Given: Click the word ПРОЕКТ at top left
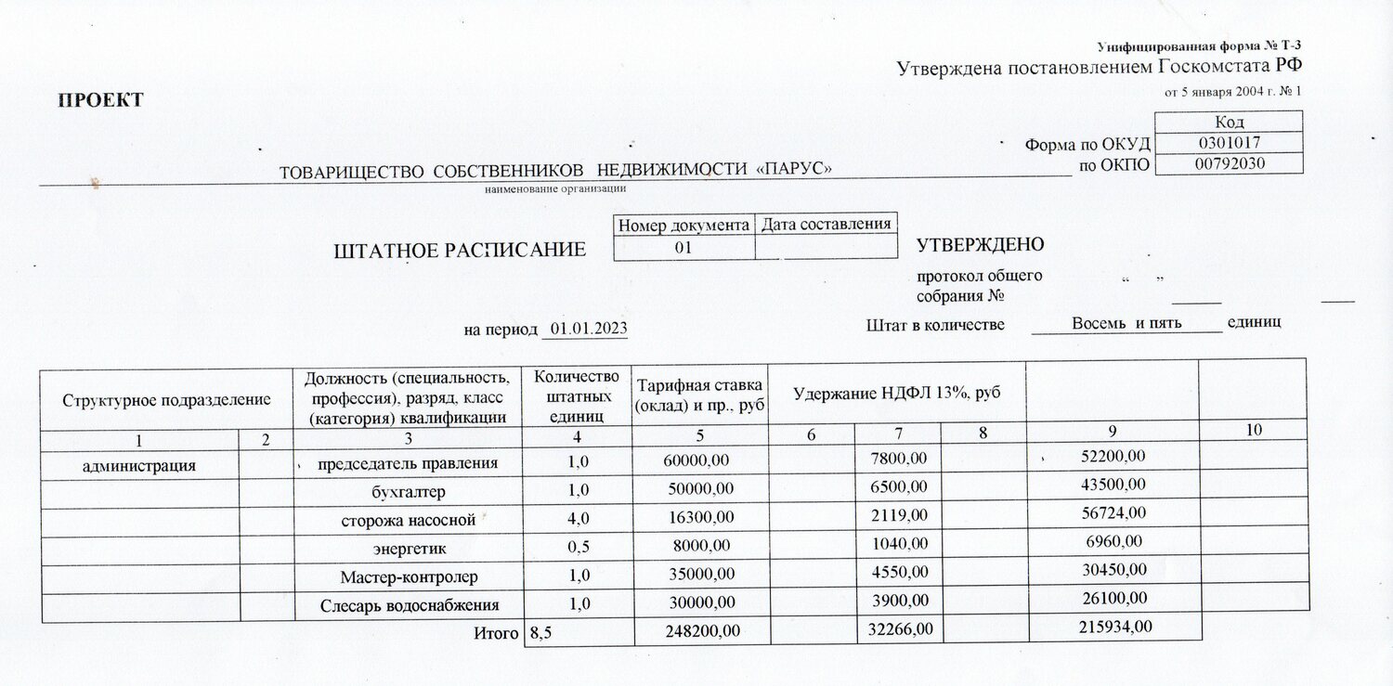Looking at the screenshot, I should click(102, 100).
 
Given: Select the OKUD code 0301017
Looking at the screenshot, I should click(1227, 143).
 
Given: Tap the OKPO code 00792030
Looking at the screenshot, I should click(1227, 164).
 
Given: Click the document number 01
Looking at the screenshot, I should click(683, 247).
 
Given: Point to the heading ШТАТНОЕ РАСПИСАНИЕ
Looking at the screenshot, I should click(460, 250).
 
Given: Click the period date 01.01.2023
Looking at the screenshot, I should click(589, 329).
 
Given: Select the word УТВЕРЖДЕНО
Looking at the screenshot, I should click(980, 245).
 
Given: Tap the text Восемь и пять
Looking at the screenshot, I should click(1126, 323).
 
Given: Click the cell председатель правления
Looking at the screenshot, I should click(408, 462).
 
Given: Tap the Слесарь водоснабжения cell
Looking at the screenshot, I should click(410, 605).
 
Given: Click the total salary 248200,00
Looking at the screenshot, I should click(703, 630).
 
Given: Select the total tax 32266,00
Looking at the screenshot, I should click(900, 629).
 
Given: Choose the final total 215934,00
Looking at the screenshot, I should click(1114, 628).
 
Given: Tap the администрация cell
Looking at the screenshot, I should click(139, 466).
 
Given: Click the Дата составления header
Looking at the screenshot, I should click(827, 224).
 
